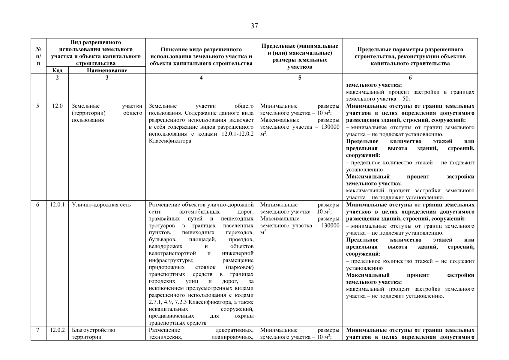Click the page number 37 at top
pyautogui.click(x=254, y=26)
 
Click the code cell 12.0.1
pyautogui.click(x=57, y=205)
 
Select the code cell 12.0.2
pyautogui.click(x=57, y=330)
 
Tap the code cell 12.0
pyautogui.click(x=57, y=106)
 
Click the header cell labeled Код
pyautogui.click(x=57, y=70)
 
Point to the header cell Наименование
pyautogui.click(x=107, y=70)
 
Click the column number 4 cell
pyautogui.click(x=201, y=77)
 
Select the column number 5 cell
pyautogui.click(x=300, y=77)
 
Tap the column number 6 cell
pyautogui.click(x=410, y=77)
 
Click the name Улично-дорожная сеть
pyautogui.click(x=101, y=205)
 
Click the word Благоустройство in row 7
pyautogui.click(x=93, y=330)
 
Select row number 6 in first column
pyautogui.click(x=38, y=205)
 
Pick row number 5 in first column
pyautogui.click(x=38, y=106)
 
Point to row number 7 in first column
pyautogui.click(x=38, y=330)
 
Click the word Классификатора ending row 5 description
pyautogui.click(x=170, y=141)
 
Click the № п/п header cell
pyautogui.click(x=38, y=56)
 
